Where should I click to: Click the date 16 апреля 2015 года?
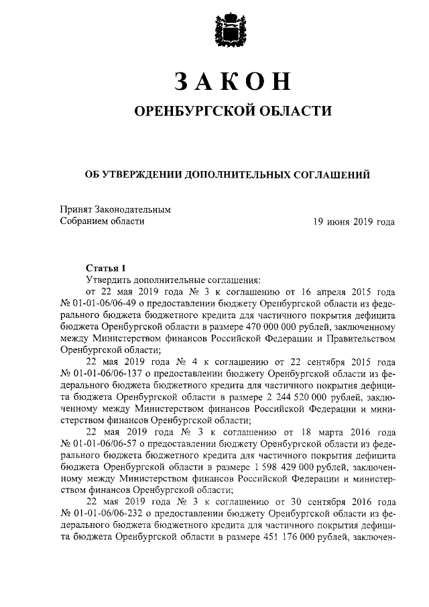click(x=347, y=292)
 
